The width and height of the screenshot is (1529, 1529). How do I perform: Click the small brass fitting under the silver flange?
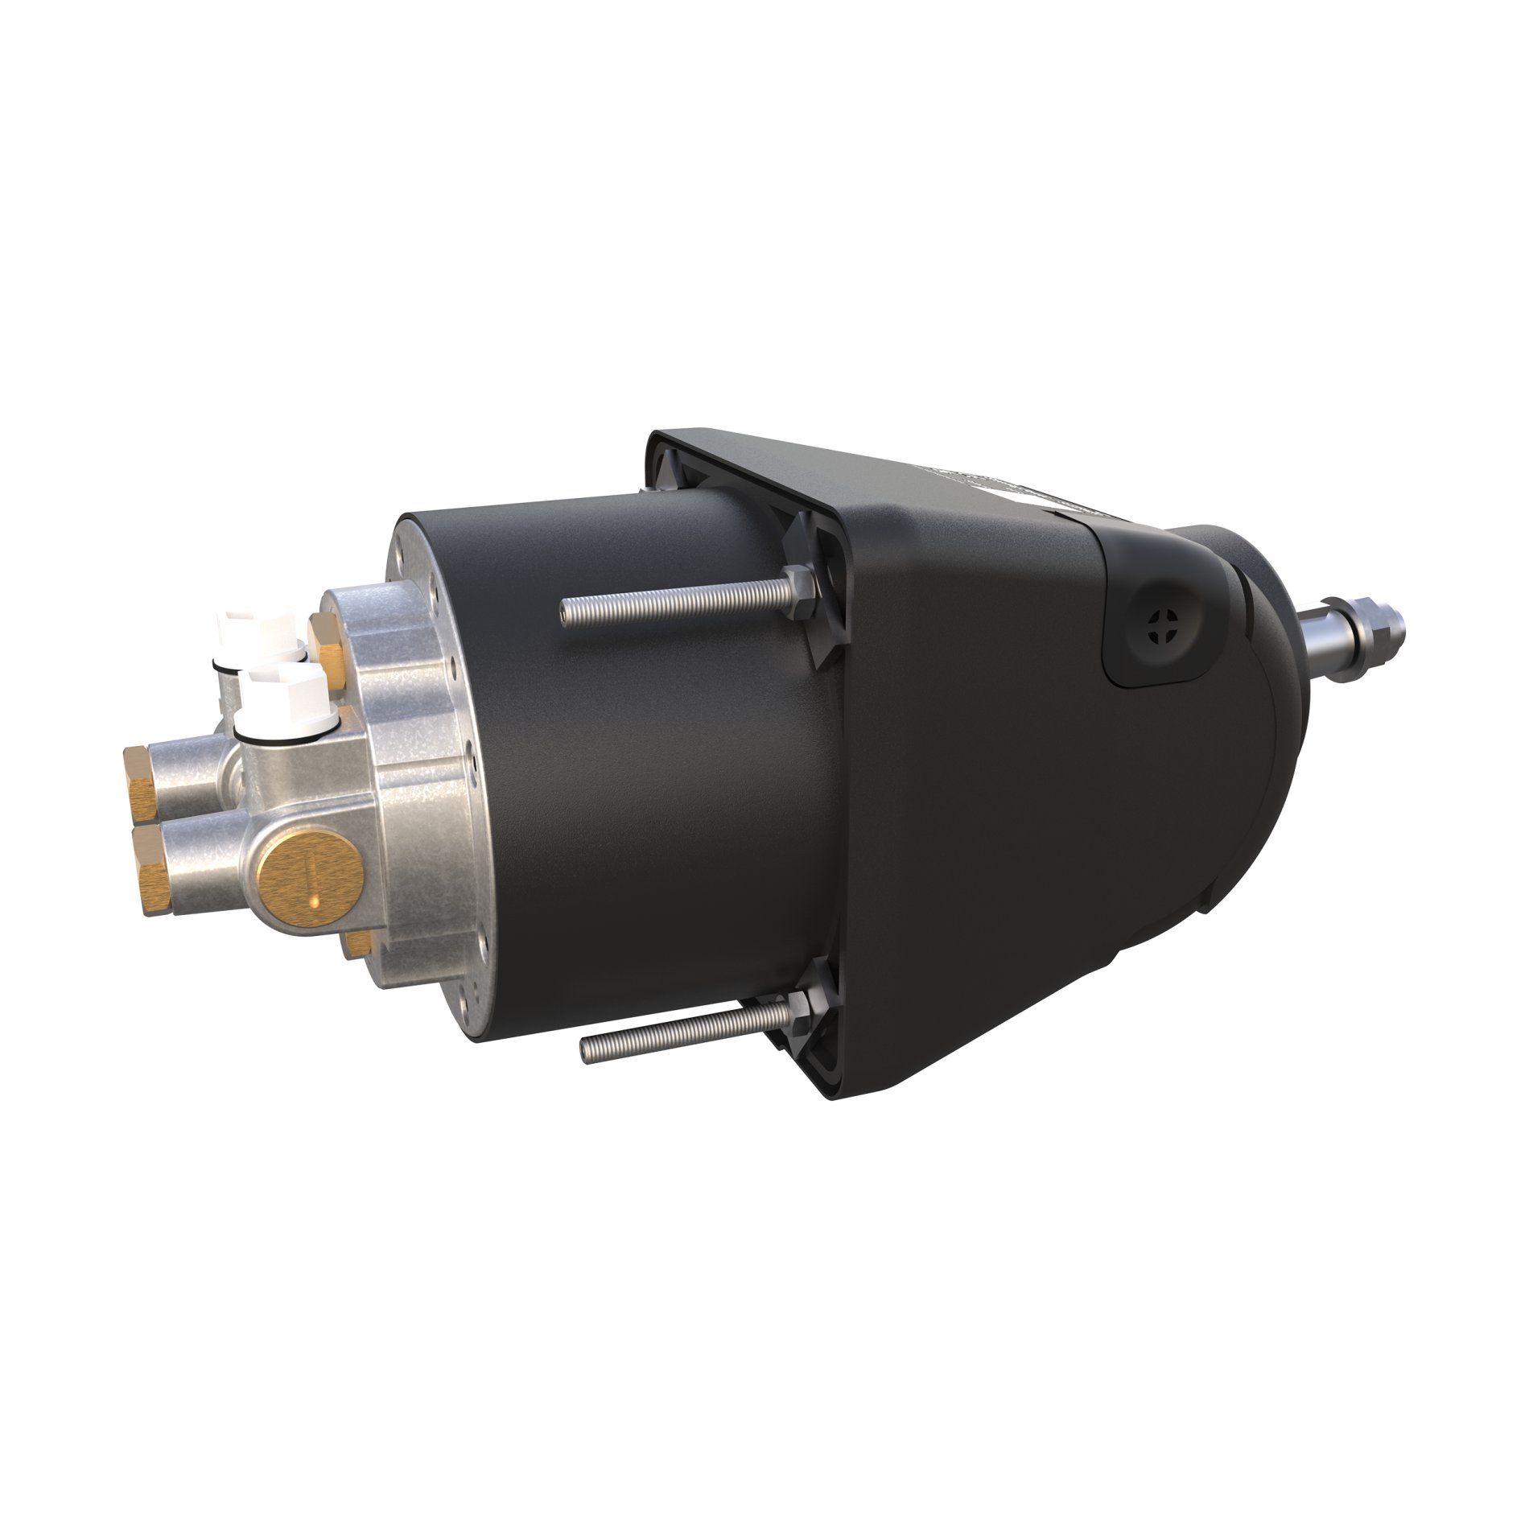coord(357,943)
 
